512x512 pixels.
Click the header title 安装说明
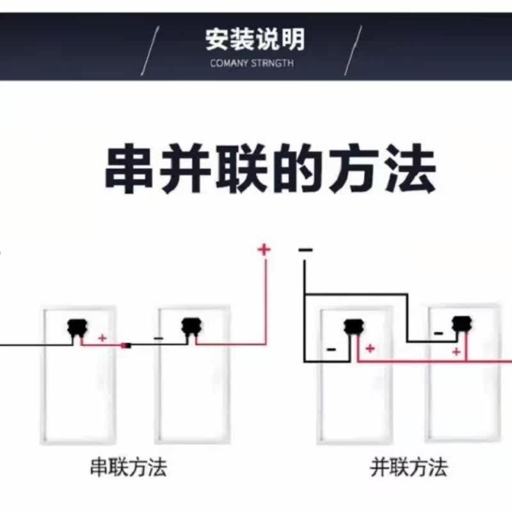255,40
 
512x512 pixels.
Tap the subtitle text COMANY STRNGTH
252,63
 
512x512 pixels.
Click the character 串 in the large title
129,170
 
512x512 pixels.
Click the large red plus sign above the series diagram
264,249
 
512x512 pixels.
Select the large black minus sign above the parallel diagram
305,250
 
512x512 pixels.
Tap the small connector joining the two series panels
126,346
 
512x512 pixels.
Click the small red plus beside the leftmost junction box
101,337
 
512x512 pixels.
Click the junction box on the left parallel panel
351,327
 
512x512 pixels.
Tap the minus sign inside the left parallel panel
331,349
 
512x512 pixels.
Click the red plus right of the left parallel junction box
370,348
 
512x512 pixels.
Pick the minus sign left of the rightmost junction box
438,333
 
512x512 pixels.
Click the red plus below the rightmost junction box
456,351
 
